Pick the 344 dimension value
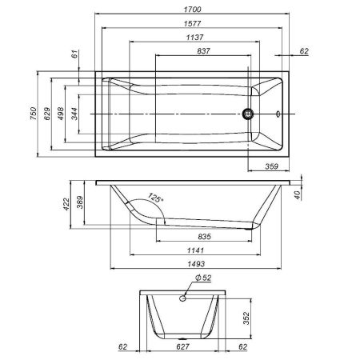(x=75, y=114)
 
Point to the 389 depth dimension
(x=81, y=206)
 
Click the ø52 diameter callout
(x=203, y=278)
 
